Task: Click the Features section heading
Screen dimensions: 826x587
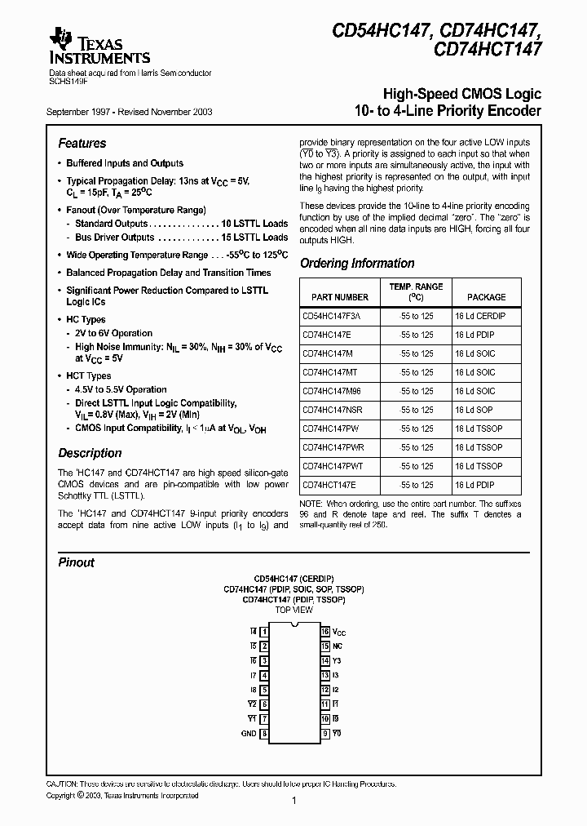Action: pyautogui.click(x=82, y=143)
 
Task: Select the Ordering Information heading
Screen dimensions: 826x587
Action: pyautogui.click(x=357, y=264)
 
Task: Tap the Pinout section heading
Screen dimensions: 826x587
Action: pyautogui.click(x=76, y=562)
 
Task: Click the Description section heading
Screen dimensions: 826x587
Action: pyautogui.click(x=90, y=453)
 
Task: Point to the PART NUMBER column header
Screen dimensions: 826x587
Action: pyautogui.click(x=335, y=297)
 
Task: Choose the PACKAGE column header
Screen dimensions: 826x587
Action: pyautogui.click(x=486, y=297)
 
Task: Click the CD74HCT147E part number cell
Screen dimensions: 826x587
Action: pyautogui.click(x=329, y=485)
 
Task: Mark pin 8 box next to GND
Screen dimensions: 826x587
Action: pyautogui.click(x=263, y=734)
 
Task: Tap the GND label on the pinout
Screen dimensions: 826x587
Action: pyautogui.click(x=249, y=734)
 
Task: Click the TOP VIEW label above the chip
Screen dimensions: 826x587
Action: pyautogui.click(x=293, y=610)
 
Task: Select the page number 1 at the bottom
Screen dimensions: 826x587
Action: pyautogui.click(x=293, y=802)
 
